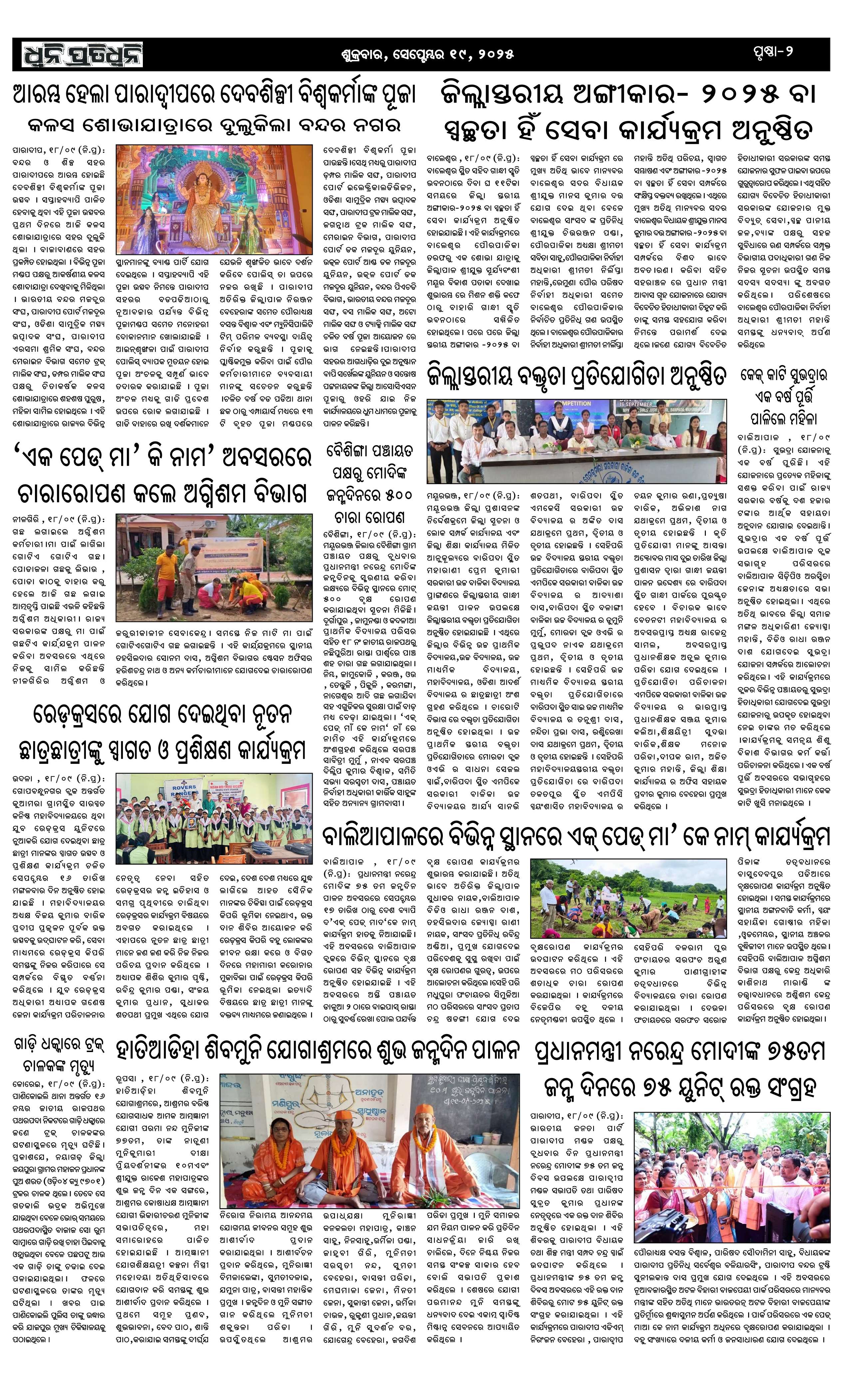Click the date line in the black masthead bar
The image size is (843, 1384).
427,55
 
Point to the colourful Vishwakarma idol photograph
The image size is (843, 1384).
214,199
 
